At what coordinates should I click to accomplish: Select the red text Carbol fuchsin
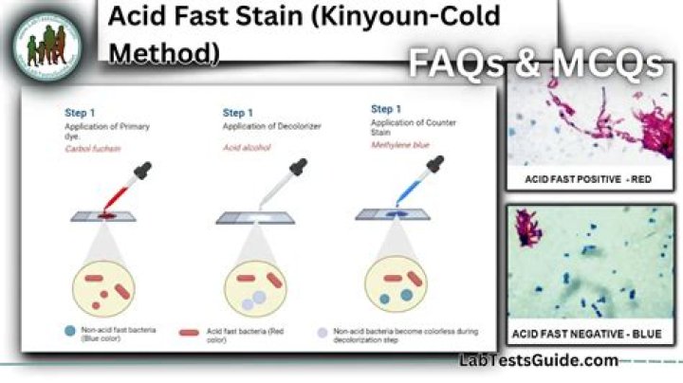pyautogui.click(x=92, y=149)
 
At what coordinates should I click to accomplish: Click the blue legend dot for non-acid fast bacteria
pyautogui.click(x=71, y=332)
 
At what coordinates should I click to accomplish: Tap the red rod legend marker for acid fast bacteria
pyautogui.click(x=190, y=333)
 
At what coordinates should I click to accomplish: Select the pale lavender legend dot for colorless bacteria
pyautogui.click(x=323, y=333)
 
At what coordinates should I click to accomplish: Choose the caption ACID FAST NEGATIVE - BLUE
pyautogui.click(x=588, y=334)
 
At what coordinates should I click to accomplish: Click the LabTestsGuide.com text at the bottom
pyautogui.click(x=538, y=360)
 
